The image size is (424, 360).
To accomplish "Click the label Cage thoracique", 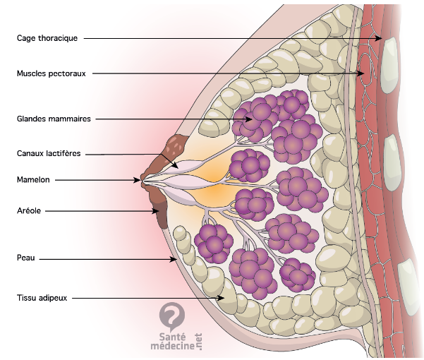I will click(47, 38).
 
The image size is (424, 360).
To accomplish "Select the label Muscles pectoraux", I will click(51, 73).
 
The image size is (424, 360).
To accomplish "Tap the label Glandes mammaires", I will click(54, 119).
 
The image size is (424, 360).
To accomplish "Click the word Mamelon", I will click(32, 180).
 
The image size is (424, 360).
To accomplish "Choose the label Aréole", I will click(30, 210).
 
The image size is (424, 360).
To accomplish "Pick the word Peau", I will click(26, 259).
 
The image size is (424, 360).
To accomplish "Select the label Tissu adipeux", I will click(42, 298).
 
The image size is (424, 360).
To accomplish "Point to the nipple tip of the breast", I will click(144, 181).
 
